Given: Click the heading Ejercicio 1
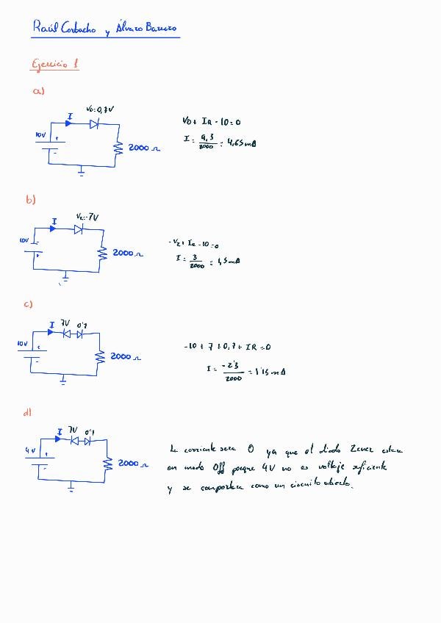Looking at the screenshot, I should [x=55, y=65].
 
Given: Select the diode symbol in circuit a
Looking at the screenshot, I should [x=94, y=124].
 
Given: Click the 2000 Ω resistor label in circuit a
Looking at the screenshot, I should [x=143, y=148].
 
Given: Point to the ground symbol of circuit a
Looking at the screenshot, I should [x=81, y=172].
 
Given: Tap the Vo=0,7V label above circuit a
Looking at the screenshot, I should [x=100, y=109].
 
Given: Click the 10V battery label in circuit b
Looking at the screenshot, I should [x=24, y=240].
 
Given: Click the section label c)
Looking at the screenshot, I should [x=29, y=304].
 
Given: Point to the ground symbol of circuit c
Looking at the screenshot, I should [x=63, y=380].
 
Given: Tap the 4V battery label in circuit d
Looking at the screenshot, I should [x=29, y=450].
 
